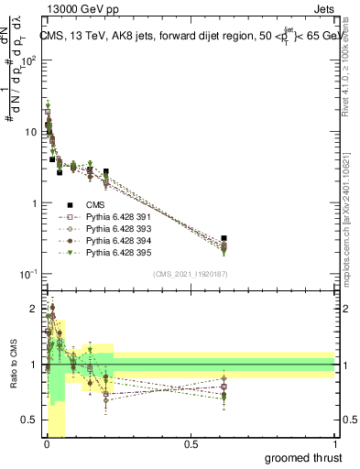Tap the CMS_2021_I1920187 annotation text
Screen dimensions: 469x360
point(190,273)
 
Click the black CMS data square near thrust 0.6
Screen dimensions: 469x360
point(224,238)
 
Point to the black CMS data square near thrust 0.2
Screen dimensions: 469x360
point(106,171)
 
